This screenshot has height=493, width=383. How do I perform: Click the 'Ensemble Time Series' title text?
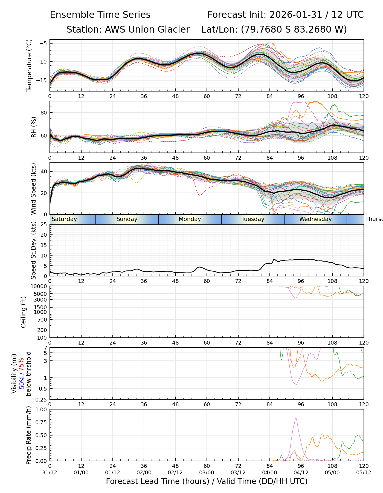pyautogui.click(x=100, y=15)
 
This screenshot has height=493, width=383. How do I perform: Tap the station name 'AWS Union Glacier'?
pyautogui.click(x=147, y=30)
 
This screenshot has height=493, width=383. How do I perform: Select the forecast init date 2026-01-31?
pyautogui.click(x=295, y=15)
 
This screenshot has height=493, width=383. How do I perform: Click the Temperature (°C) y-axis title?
pyautogui.click(x=29, y=65)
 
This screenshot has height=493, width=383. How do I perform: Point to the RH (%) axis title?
pyautogui.click(x=34, y=127)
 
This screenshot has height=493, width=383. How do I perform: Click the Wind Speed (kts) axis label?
pyautogui.click(x=34, y=189)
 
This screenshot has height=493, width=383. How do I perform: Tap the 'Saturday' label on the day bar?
pyautogui.click(x=64, y=219)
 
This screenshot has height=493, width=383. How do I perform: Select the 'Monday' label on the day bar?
pyautogui.click(x=190, y=219)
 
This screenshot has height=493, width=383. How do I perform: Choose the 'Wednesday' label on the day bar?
pyautogui.click(x=315, y=219)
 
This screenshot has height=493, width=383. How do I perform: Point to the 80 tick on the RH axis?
pyautogui.click(x=44, y=113)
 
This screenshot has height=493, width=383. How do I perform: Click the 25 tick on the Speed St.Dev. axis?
pyautogui.click(x=44, y=225)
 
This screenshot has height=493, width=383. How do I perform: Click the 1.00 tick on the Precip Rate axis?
pyautogui.click(x=41, y=409)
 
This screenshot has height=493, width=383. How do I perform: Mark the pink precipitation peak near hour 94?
pyautogui.click(x=296, y=418)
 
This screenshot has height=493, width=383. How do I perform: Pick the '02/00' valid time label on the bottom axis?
pyautogui.click(x=144, y=472)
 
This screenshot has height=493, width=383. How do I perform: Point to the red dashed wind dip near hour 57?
pyautogui.click(x=200, y=195)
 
